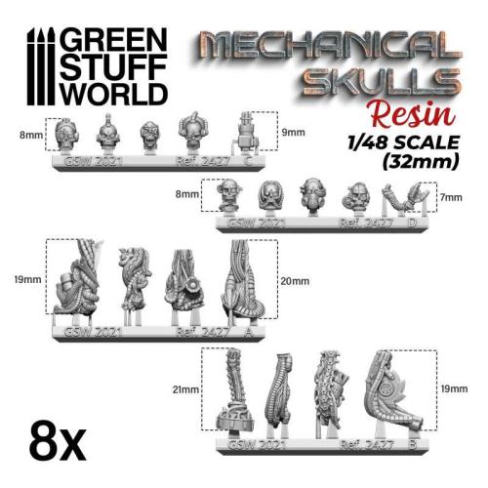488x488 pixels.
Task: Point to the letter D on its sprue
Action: pos(415,223)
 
